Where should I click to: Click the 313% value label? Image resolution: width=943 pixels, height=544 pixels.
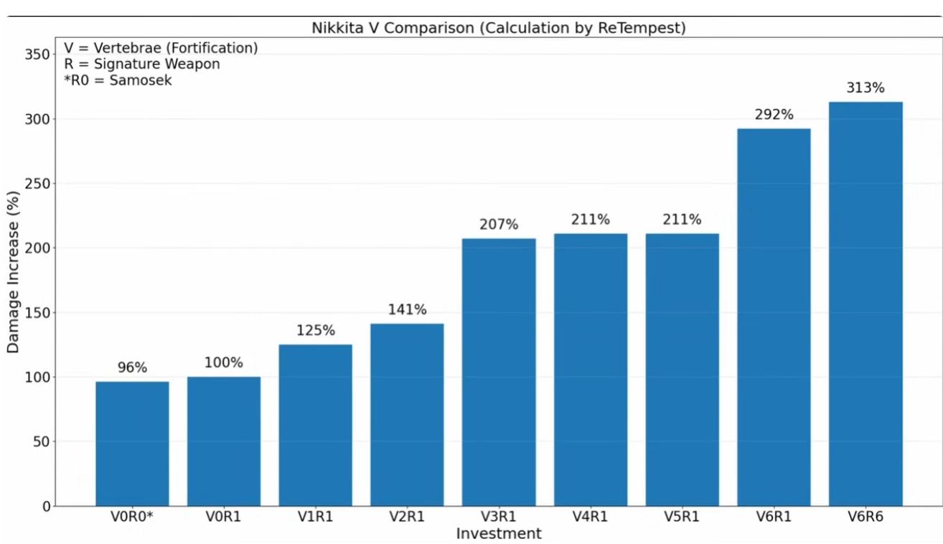coord(865,88)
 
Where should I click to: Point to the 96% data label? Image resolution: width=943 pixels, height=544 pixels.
coord(132,367)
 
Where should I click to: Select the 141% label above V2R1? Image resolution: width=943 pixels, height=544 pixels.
coord(407,310)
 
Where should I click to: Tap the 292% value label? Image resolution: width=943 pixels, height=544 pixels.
coord(774,115)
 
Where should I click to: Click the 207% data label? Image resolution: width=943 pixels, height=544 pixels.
coord(499,225)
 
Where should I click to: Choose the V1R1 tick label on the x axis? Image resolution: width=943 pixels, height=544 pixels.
coord(316,517)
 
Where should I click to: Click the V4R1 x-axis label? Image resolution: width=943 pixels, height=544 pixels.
coord(591,517)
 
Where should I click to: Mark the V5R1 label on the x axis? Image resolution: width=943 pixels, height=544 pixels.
coord(682,517)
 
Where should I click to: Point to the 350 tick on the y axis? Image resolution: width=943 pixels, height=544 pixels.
coord(39,55)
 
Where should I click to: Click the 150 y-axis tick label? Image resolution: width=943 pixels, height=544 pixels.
coord(39,313)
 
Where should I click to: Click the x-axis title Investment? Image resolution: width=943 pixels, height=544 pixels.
coord(499,534)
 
